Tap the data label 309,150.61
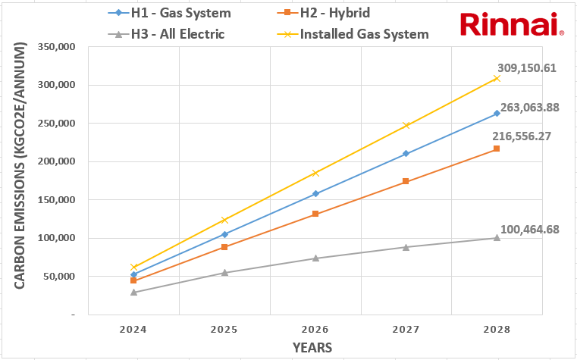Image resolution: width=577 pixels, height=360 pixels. [527, 67]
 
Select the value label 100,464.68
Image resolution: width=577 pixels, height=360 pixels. [529, 229]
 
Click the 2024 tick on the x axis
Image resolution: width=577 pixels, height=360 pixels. [133, 330]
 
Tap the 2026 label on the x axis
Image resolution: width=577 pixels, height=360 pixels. [315, 330]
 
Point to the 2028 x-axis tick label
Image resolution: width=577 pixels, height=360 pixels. [497, 330]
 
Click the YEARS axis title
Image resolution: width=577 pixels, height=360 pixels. [314, 347]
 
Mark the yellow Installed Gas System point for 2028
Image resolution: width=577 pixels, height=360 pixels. [497, 78]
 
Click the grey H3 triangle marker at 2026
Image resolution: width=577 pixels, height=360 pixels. [315, 258]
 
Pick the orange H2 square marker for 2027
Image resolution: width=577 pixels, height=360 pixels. [406, 181]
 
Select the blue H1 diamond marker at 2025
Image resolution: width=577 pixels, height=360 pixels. [224, 234]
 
